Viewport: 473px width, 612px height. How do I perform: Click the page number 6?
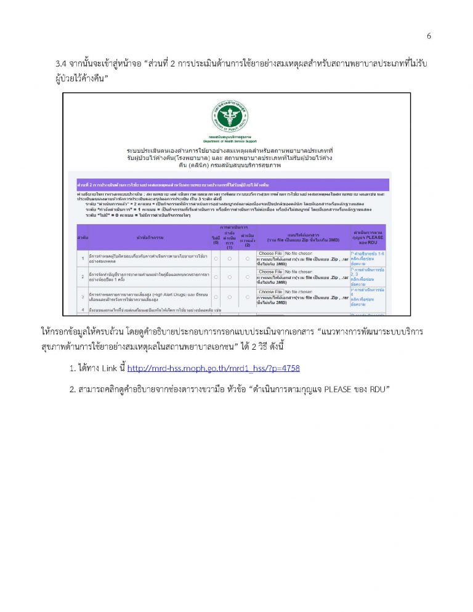coord(429,36)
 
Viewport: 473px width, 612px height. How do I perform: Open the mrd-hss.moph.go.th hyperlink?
coord(213,369)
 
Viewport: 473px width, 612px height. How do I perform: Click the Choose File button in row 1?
coord(270,254)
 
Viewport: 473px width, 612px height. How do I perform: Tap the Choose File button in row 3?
coord(270,292)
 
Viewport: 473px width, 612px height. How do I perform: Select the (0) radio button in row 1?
coord(216,257)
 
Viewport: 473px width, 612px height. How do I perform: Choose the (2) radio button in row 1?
coord(248,257)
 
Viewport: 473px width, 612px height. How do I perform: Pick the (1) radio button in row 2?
coord(231,277)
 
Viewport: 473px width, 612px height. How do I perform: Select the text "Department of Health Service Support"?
coord(231,141)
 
